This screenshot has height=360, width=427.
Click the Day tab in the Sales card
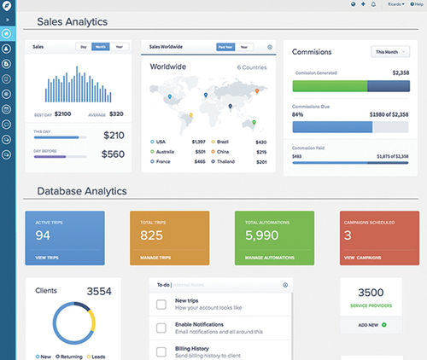85,47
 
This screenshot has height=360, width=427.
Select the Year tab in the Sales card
120,47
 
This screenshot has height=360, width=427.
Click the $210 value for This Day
114,135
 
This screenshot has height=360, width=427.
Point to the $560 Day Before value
114,154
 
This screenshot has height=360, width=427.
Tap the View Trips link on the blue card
47,257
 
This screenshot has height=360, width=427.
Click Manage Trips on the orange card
156,257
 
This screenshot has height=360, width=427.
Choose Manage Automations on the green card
269,257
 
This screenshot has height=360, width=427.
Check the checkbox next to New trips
161,305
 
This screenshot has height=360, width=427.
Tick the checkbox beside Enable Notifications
161,328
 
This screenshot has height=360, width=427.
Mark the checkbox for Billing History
161,350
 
